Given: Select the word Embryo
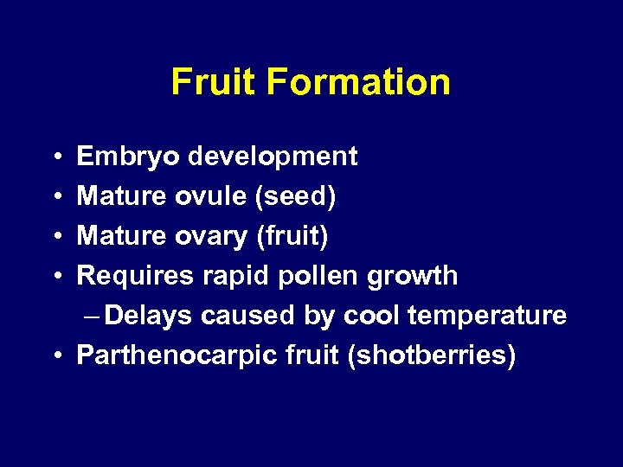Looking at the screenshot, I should click(128, 157).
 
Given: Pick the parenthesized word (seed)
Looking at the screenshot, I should click(295, 196).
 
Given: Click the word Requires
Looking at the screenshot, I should click(136, 276).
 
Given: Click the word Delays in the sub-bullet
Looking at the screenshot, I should click(150, 316).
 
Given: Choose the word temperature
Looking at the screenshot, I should click(487, 316).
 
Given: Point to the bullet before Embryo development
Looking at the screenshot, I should click(55, 157).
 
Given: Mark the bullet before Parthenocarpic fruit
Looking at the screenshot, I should click(55, 355).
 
